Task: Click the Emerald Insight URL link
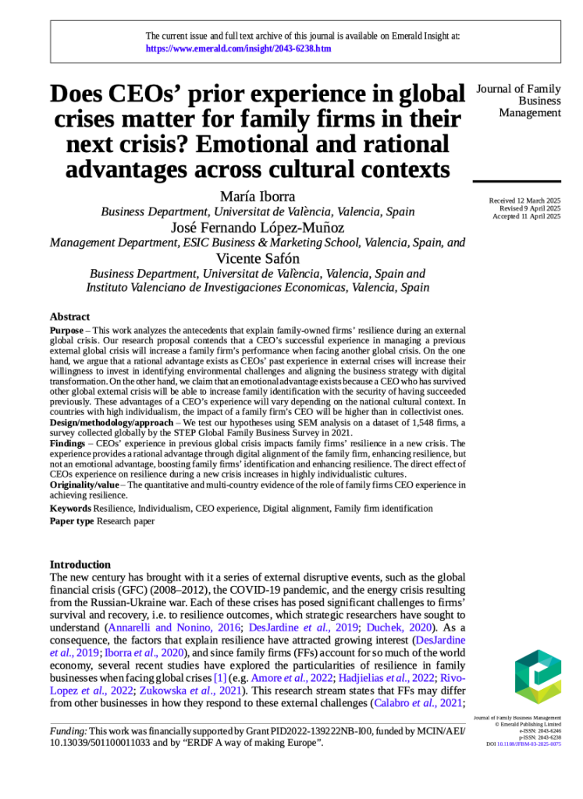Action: (238, 48)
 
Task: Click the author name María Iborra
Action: (258, 196)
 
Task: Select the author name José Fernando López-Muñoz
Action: (258, 227)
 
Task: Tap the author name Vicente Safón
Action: (258, 258)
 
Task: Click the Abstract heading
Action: (69, 317)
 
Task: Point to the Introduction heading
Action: (80, 564)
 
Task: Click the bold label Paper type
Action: (72, 520)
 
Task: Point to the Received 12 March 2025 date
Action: (524, 201)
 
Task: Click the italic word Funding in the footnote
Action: (68, 731)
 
